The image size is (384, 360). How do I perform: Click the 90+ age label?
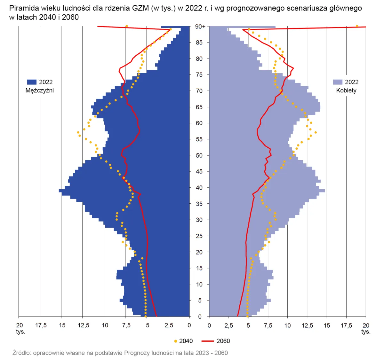pyautogui.click(x=200, y=27)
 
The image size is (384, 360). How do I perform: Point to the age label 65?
pyautogui.click(x=199, y=107)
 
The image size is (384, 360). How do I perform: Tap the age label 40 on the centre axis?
pyautogui.click(x=199, y=188)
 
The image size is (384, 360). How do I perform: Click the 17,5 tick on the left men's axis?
pyautogui.click(x=41, y=325)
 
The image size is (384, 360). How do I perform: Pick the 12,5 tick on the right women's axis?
pyautogui.click(x=307, y=325)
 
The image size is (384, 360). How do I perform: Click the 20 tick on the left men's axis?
pyautogui.click(x=20, y=325)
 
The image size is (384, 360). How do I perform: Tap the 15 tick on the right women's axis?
pyautogui.click(x=327, y=325)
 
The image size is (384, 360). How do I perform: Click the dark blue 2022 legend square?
pyautogui.click(x=32, y=82)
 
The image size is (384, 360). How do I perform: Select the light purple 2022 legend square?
pyautogui.click(x=338, y=82)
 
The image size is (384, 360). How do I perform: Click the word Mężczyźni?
pyautogui.click(x=40, y=90)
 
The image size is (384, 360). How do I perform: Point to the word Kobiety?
pyautogui.click(x=346, y=90)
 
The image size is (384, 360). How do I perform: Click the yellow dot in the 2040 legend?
pyautogui.click(x=176, y=341)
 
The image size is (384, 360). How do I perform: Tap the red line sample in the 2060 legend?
pyautogui.click(x=207, y=341)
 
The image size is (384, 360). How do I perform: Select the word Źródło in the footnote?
pyautogui.click(x=21, y=353)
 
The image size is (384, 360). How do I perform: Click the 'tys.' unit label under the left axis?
pyautogui.click(x=20, y=332)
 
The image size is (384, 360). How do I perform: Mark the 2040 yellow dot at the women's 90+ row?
pyautogui.click(x=357, y=26)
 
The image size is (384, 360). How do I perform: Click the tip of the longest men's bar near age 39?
pyautogui.click(x=59, y=191)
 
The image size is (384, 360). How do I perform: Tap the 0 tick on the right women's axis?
pyautogui.click(x=209, y=325)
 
